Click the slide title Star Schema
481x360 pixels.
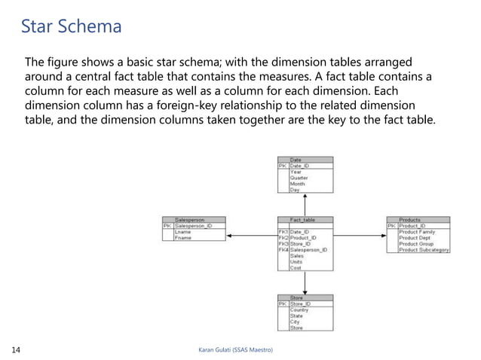point(71,27)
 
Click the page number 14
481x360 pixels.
point(16,349)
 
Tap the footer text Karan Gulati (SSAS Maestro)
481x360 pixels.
point(234,349)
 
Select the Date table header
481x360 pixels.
point(305,160)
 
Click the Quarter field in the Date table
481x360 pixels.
point(299,178)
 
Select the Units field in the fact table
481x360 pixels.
point(297,261)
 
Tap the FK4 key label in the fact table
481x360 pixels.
point(283,249)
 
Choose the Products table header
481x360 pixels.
point(418,219)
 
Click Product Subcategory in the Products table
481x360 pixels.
point(424,249)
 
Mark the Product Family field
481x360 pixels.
point(417,231)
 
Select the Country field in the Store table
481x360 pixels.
point(300,310)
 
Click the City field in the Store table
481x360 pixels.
point(296,322)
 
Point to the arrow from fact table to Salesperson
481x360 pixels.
point(252,236)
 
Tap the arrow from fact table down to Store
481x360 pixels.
point(305,282)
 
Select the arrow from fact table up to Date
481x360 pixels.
point(305,204)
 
